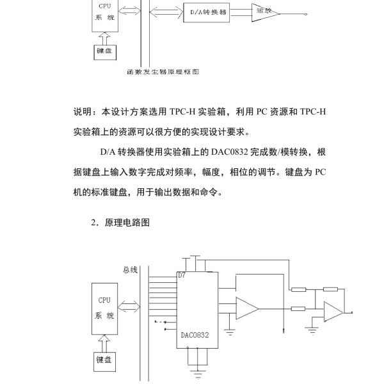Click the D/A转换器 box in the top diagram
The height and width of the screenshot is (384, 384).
[x=207, y=13]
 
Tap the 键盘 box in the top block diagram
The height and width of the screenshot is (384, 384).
[x=105, y=52]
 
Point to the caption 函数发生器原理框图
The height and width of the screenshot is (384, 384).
[x=163, y=72]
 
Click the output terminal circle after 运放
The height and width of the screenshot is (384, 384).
[x=306, y=14]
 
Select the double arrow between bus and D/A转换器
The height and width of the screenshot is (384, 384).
[x=166, y=12]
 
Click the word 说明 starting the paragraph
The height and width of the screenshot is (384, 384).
[x=83, y=111]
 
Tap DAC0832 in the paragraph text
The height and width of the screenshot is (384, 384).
[x=230, y=152]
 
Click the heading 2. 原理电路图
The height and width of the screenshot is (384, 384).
[x=120, y=222]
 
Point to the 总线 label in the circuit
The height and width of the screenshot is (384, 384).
[x=130, y=270]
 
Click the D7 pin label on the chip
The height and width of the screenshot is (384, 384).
[x=182, y=275]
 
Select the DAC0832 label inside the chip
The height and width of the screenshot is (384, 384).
[x=195, y=335]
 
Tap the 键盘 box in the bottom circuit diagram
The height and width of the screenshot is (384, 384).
[x=104, y=362]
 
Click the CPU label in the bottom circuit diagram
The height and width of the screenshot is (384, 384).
[x=104, y=300]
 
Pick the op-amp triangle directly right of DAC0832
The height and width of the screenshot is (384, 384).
[x=247, y=308]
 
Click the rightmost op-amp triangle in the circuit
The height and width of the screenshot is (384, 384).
[x=333, y=312]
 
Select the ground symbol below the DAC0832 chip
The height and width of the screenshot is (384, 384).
[x=198, y=374]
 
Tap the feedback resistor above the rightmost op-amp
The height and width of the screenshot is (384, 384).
[x=330, y=289]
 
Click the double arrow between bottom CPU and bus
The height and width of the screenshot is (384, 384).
[x=129, y=307]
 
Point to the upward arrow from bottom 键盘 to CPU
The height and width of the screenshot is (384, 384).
[x=104, y=343]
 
